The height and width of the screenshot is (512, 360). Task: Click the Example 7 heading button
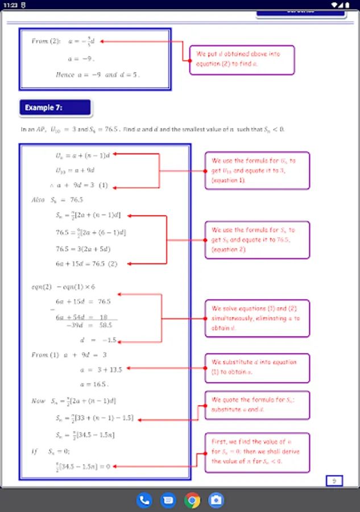coord(55,108)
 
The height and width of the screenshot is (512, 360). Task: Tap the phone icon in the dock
coord(144,500)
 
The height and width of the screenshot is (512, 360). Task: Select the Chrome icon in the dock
coord(192,500)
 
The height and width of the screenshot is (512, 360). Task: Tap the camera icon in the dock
coord(216,500)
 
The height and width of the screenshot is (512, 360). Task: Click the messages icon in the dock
coord(168,500)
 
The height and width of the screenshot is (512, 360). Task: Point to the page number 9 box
coord(334,481)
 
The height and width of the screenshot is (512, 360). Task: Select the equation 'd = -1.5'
coord(92,340)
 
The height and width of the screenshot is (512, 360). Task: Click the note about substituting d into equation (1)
coord(258,368)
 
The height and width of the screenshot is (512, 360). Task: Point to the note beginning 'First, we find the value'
coord(258,452)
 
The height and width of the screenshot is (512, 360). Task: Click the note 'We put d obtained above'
coord(242,59)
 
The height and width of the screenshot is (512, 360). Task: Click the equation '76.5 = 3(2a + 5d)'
coord(83,249)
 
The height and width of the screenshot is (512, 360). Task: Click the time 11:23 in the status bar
coord(12,5)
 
